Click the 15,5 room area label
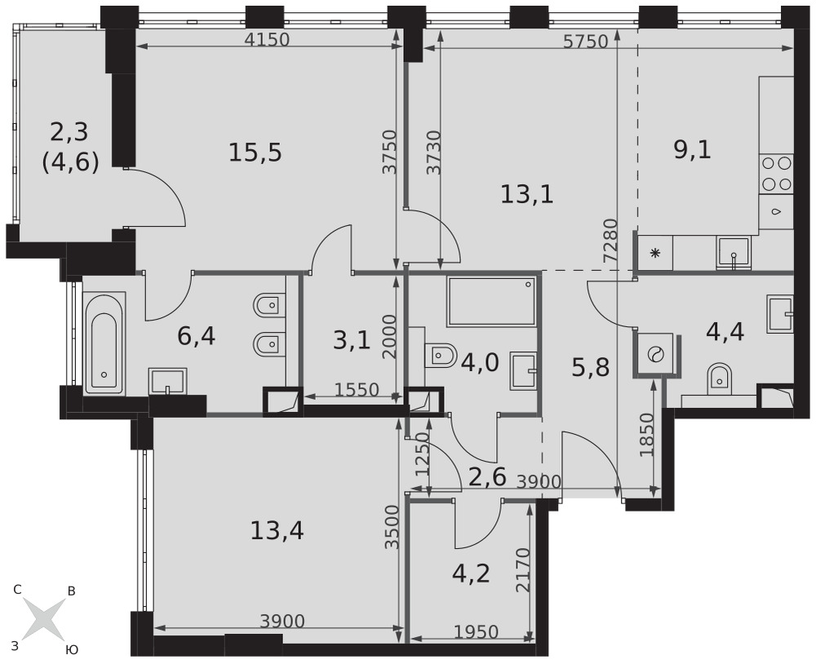[255, 153]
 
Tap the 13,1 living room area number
[526, 195]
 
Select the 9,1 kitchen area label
[692, 150]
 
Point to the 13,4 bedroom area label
[277, 531]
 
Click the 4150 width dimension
[267, 39]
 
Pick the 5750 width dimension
[586, 42]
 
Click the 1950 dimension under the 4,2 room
[477, 632]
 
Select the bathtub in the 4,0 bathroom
[492, 302]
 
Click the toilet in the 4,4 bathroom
[720, 379]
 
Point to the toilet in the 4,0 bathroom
[440, 356]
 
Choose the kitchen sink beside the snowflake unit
[734, 252]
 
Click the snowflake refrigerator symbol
[655, 254]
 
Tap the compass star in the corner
[45, 618]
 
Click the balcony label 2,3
[69, 133]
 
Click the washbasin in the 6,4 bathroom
[167, 382]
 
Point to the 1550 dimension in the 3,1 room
[357, 389]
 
